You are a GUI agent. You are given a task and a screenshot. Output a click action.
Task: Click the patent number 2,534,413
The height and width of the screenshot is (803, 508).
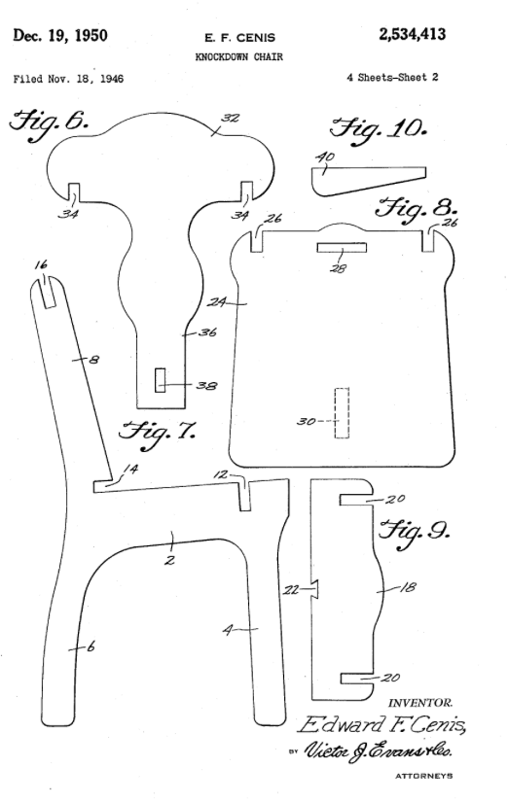pos(412,35)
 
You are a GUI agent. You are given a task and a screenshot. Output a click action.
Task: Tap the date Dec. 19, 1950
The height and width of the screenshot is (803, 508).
pos(60,36)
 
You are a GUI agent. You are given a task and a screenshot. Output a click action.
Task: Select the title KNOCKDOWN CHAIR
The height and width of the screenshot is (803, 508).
pos(238,56)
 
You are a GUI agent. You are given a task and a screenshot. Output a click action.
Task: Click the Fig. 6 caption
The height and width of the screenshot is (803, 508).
pos(49,122)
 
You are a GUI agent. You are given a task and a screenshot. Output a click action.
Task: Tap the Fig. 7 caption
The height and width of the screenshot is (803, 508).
pos(157,434)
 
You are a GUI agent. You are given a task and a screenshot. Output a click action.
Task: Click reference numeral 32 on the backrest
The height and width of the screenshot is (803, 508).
pos(231,118)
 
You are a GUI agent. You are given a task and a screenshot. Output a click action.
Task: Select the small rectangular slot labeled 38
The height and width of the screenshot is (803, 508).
pos(161,380)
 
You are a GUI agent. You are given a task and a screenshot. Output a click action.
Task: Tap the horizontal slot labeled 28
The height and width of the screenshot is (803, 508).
pos(342,248)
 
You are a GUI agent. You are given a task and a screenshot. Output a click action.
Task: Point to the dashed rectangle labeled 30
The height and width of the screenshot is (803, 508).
pos(342,413)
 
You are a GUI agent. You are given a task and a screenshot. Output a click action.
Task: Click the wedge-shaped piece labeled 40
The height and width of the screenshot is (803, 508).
pos(368,179)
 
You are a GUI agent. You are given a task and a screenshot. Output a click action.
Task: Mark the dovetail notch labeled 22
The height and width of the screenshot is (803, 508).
pos(315,589)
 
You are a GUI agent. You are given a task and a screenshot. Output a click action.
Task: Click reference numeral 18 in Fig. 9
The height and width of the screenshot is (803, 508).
pos(408,587)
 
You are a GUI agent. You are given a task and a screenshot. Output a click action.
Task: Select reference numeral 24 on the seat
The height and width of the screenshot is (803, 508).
pos(216,302)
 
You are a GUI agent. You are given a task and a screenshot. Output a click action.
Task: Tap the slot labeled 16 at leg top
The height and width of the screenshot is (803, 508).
pos(49,293)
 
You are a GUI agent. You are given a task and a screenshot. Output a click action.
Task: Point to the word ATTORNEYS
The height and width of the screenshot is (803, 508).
pos(423,777)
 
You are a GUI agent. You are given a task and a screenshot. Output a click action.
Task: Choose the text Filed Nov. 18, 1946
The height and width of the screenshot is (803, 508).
pos(68,79)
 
